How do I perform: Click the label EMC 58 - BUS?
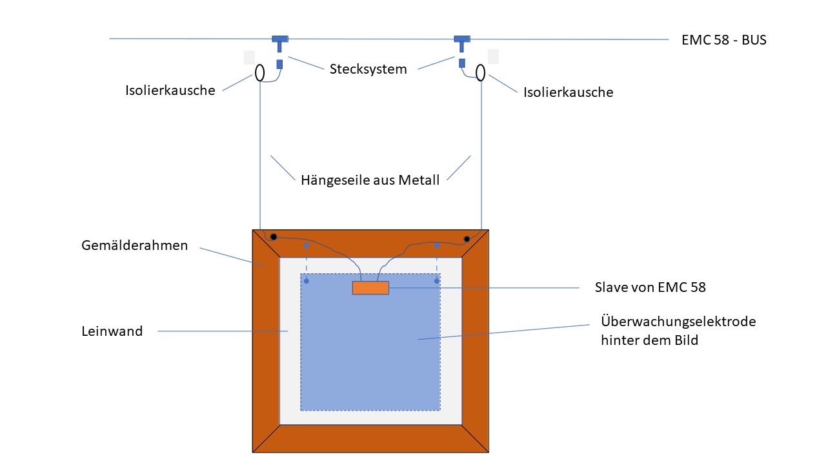(723, 40)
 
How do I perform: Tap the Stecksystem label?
(368, 69)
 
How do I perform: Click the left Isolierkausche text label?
(170, 90)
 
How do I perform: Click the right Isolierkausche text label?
(569, 92)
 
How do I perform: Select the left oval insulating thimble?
(259, 72)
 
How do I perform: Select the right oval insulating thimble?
(481, 73)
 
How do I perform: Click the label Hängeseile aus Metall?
(370, 180)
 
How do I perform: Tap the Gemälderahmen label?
(135, 245)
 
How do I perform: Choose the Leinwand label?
(112, 331)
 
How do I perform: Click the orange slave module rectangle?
(370, 288)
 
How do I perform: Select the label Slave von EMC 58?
(650, 287)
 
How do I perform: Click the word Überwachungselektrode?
(678, 321)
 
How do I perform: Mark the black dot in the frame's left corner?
(274, 238)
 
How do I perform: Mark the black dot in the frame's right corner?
(467, 239)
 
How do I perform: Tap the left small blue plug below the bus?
(279, 65)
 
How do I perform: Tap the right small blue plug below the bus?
(462, 63)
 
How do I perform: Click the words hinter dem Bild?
(649, 340)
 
